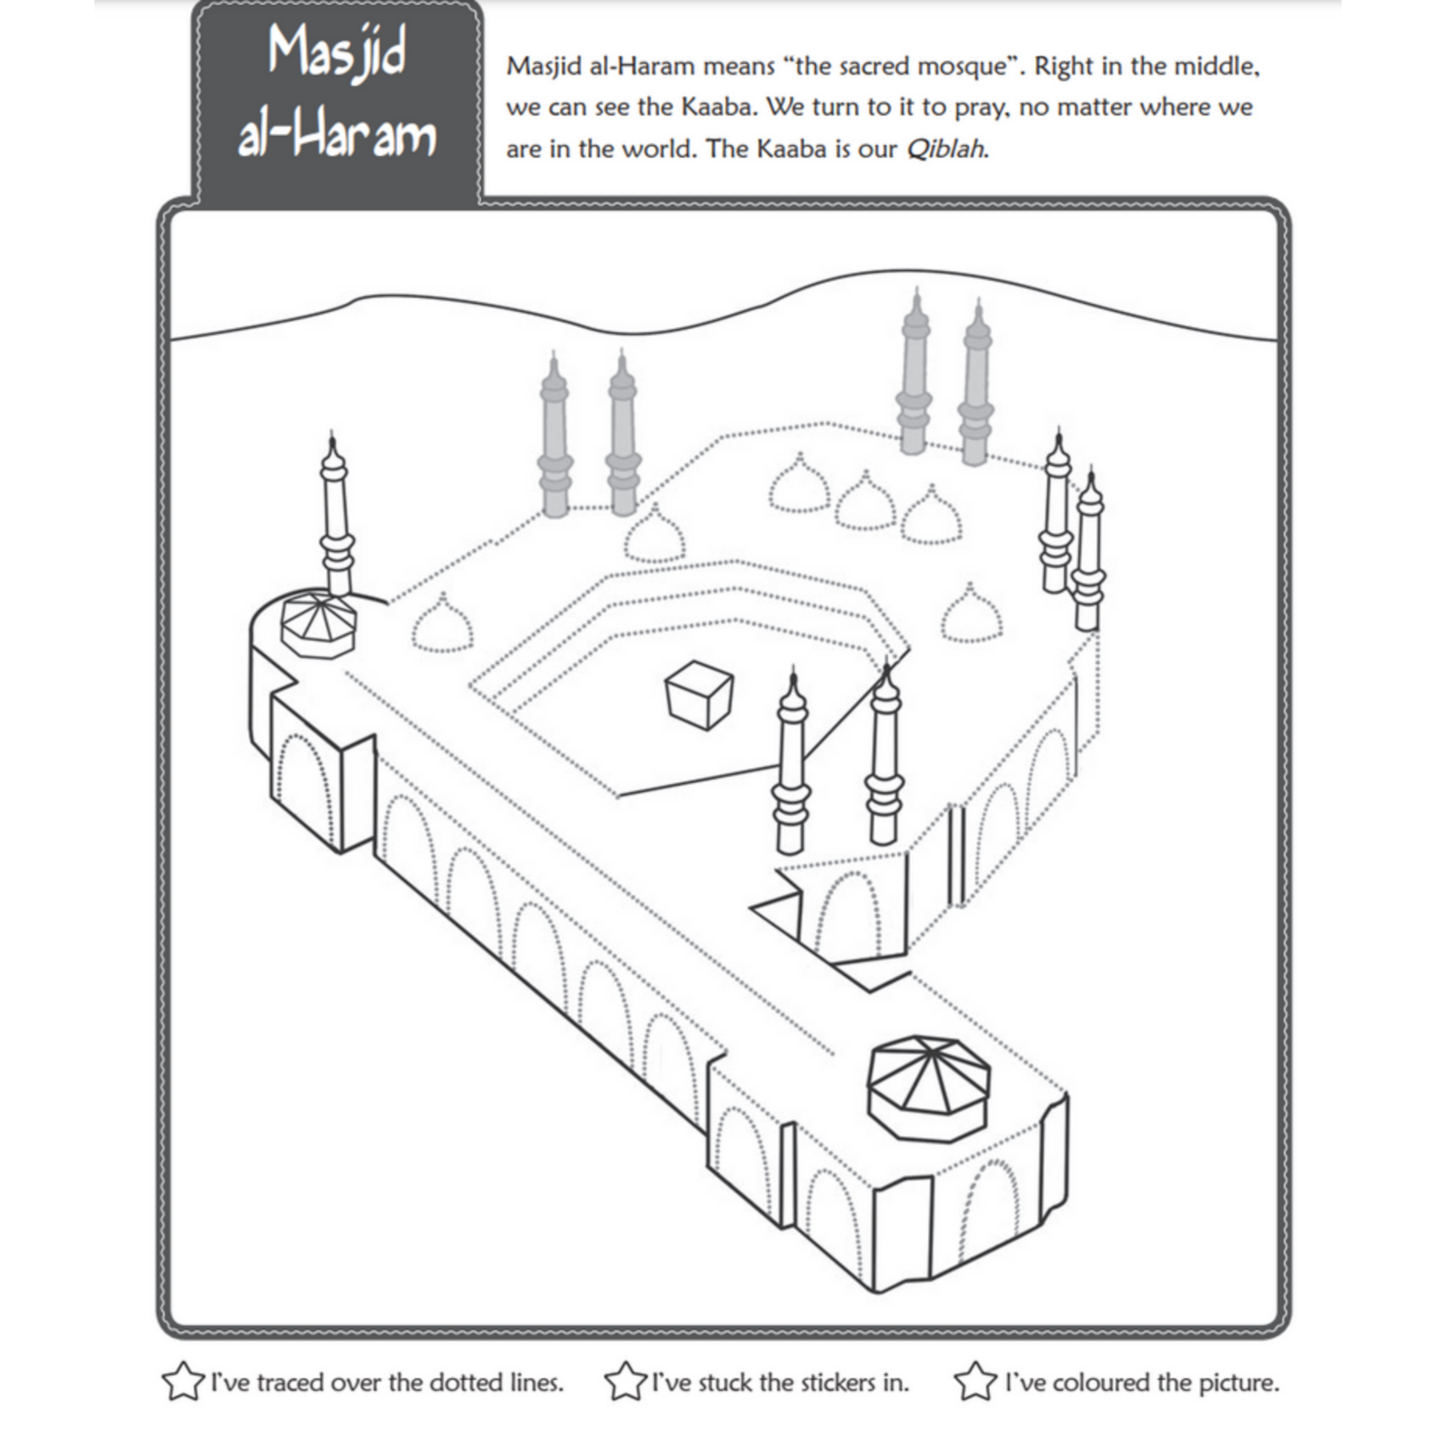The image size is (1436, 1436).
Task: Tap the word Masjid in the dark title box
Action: coord(337,53)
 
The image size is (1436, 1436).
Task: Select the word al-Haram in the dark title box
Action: coord(337,136)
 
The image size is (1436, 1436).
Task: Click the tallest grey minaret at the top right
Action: coord(914,371)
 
